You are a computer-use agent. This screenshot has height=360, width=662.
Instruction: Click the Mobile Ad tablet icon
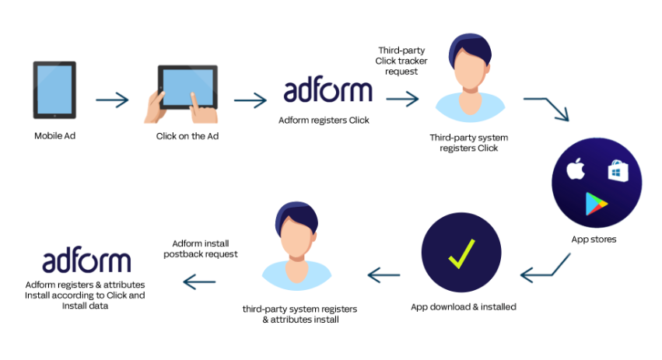point(55,90)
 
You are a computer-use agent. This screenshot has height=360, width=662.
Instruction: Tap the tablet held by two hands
point(188,87)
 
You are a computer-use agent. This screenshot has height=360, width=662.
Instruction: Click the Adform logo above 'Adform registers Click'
point(327,89)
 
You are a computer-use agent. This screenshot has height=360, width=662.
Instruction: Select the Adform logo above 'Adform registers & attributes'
point(86,260)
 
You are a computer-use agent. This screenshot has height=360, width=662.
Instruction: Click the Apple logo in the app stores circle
point(576,169)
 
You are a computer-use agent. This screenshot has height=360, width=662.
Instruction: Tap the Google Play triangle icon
point(596,204)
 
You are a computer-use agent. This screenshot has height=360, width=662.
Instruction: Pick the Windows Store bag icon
point(618,171)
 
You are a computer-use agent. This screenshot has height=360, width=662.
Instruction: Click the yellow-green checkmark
point(461,253)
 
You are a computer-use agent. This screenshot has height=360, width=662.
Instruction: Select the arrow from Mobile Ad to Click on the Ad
point(112,100)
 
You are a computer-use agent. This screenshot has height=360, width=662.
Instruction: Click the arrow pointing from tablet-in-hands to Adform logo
point(250,100)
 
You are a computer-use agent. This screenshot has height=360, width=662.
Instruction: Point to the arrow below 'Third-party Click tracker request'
point(402,100)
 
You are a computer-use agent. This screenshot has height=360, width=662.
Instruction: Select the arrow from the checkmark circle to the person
point(384,275)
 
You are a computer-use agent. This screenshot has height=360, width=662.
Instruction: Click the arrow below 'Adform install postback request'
point(199,282)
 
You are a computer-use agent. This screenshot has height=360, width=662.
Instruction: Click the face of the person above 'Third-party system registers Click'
point(471,70)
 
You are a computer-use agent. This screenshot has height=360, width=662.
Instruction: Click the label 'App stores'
point(594,239)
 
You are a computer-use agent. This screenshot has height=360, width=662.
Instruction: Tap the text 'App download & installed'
point(464,307)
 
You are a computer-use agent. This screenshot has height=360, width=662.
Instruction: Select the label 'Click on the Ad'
point(187,136)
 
